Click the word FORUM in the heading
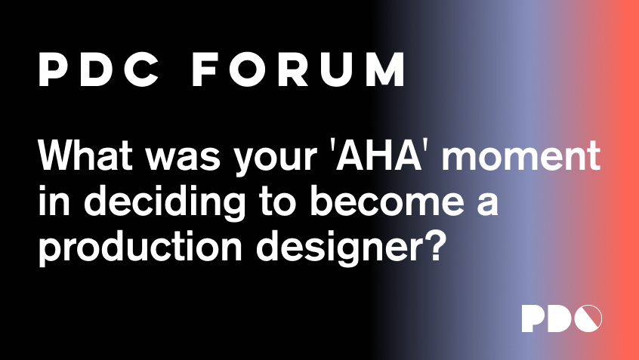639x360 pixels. tap(298, 69)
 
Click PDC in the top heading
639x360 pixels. tap(99, 69)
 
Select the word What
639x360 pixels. tap(85, 155)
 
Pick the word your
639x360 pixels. tap(275, 162)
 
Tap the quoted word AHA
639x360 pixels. tap(378, 155)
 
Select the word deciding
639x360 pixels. tap(165, 202)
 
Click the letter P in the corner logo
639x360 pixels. tap(532, 318)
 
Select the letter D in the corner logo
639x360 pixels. tap(560, 318)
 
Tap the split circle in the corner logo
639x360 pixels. tap(588, 318)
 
